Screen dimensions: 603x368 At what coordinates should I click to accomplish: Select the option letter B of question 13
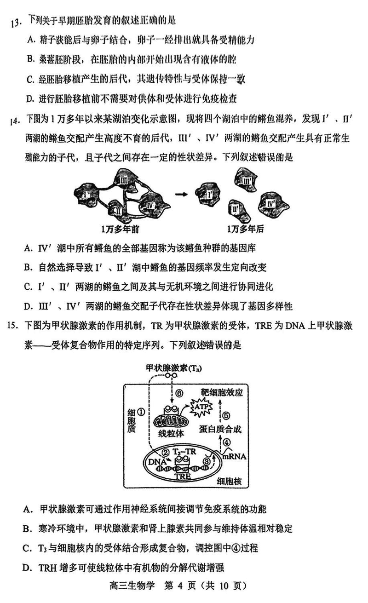(30, 59)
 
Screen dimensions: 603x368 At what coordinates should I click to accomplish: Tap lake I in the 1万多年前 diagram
(87, 195)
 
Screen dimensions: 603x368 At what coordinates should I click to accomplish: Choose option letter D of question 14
(29, 306)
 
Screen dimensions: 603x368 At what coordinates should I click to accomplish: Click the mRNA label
(235, 457)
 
